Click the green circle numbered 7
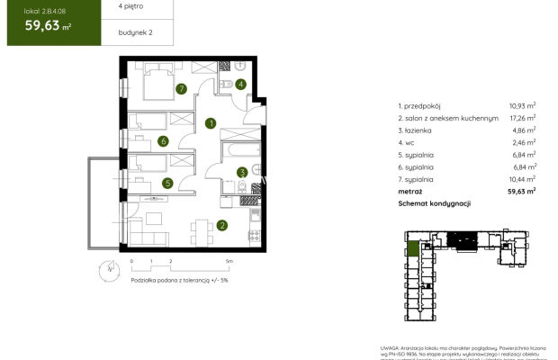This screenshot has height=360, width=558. (x=182, y=88)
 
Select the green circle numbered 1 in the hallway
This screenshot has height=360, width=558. (x=210, y=122)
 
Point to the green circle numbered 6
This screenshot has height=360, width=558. (x=163, y=140)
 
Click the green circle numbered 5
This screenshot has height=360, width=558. (x=166, y=183)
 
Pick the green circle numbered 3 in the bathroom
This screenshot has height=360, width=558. (x=241, y=173)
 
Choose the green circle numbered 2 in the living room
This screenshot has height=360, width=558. (x=221, y=226)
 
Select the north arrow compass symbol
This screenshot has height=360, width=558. (x=109, y=267)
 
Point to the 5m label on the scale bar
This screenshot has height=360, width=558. (x=230, y=261)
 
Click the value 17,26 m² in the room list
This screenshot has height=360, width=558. (x=521, y=118)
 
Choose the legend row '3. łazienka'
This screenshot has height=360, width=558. (x=418, y=130)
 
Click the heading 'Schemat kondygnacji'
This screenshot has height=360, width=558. (x=436, y=204)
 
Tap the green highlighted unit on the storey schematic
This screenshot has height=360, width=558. (x=412, y=249)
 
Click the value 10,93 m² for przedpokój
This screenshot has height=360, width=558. (x=521, y=105)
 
